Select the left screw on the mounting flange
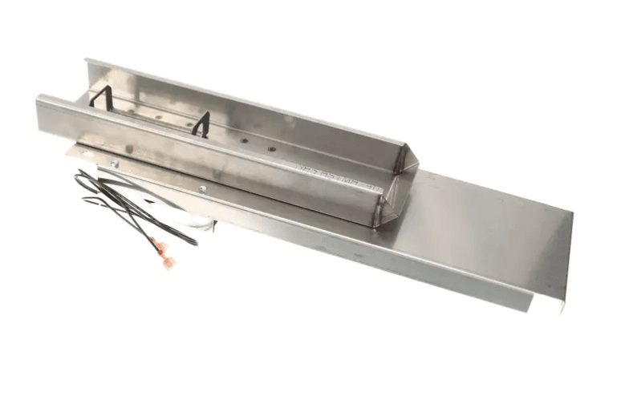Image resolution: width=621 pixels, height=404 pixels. (x=115, y=164)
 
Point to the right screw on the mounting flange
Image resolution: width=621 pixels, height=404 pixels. (x=202, y=189)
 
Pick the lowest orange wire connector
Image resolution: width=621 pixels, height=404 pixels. (x=167, y=261)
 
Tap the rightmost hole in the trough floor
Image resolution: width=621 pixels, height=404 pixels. (x=271, y=149)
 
